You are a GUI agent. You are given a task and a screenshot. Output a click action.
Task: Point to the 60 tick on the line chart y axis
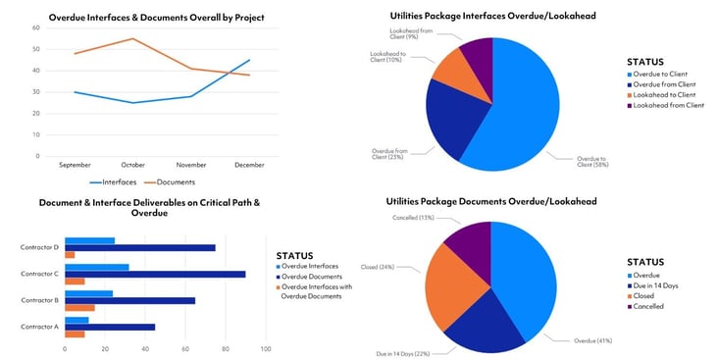[36, 27]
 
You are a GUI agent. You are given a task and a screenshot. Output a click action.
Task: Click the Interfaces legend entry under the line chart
[118, 182]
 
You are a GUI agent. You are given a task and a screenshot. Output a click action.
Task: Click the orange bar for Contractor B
[79, 307]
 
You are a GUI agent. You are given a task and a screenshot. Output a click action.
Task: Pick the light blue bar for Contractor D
[89, 240]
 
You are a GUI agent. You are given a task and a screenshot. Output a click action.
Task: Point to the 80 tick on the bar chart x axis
[226, 348]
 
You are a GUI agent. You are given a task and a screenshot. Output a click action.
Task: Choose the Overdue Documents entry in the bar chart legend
[313, 278]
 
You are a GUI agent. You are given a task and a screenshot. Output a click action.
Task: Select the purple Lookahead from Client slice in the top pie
[477, 61]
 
